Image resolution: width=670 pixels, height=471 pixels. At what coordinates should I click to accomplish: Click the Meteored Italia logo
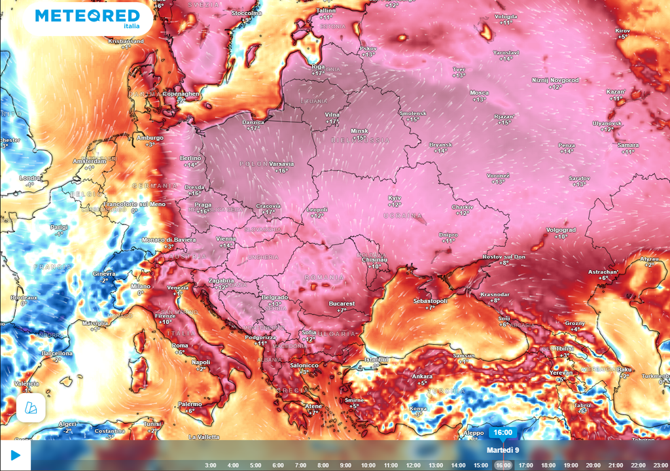pyautogui.click(x=88, y=18)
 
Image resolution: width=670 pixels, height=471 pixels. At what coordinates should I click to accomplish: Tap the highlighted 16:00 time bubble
pyautogui.click(x=502, y=432)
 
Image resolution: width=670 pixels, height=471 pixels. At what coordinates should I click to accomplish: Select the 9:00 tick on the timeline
pyautogui.click(x=345, y=465)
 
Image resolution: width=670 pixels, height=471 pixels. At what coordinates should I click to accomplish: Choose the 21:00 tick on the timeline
pyautogui.click(x=616, y=465)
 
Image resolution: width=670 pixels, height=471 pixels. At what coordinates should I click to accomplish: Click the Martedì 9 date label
pyautogui.click(x=502, y=450)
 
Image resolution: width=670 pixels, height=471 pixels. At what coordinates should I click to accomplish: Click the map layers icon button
pyautogui.click(x=31, y=408)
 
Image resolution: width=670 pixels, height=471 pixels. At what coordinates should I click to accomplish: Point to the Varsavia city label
pyautogui.click(x=281, y=164)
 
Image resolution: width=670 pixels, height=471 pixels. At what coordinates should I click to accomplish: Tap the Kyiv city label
pyautogui.click(x=395, y=197)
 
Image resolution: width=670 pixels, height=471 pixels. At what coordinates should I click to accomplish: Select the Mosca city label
pyautogui.click(x=479, y=93)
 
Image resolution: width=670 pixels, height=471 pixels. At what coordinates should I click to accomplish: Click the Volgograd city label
pyautogui.click(x=561, y=230)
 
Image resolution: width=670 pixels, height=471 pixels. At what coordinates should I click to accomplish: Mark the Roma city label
pyautogui.click(x=180, y=345)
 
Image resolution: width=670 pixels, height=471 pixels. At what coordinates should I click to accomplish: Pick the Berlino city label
pyautogui.click(x=190, y=158)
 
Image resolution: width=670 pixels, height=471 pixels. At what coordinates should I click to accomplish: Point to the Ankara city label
pyautogui.click(x=422, y=376)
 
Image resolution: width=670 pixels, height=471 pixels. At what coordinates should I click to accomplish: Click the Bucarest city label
pyautogui.click(x=342, y=304)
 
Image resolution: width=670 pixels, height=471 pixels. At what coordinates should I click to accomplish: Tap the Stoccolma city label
pyautogui.click(x=246, y=13)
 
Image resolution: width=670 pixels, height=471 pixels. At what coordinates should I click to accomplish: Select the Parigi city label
pyautogui.click(x=59, y=227)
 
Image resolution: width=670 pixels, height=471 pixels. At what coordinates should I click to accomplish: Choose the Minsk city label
pyautogui.click(x=360, y=131)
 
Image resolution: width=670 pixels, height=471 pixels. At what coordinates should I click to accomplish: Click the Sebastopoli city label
pyautogui.click(x=430, y=300)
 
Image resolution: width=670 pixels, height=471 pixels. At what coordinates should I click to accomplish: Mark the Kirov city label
pyautogui.click(x=623, y=31)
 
